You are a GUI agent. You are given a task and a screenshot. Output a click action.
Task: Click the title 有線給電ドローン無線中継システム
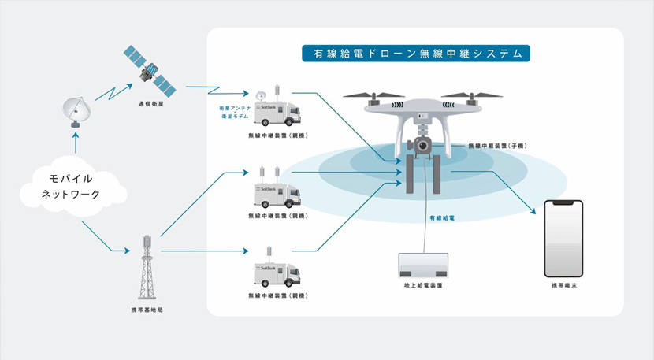(x=416, y=54)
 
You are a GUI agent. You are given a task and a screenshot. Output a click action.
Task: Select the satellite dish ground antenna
(x=77, y=111)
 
